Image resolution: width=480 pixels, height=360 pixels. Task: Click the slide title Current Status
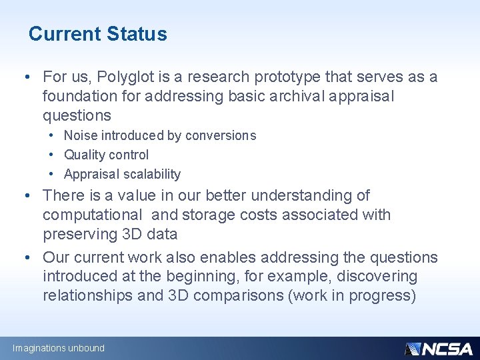coord(98,33)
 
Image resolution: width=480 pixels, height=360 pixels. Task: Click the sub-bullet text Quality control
coord(106,155)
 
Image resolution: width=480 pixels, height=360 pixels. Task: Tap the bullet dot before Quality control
coord(51,155)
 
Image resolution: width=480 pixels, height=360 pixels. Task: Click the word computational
coord(92,215)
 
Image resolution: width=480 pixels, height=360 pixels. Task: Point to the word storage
coord(211,215)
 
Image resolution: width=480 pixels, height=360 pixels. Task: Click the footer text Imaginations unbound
coord(59,348)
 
